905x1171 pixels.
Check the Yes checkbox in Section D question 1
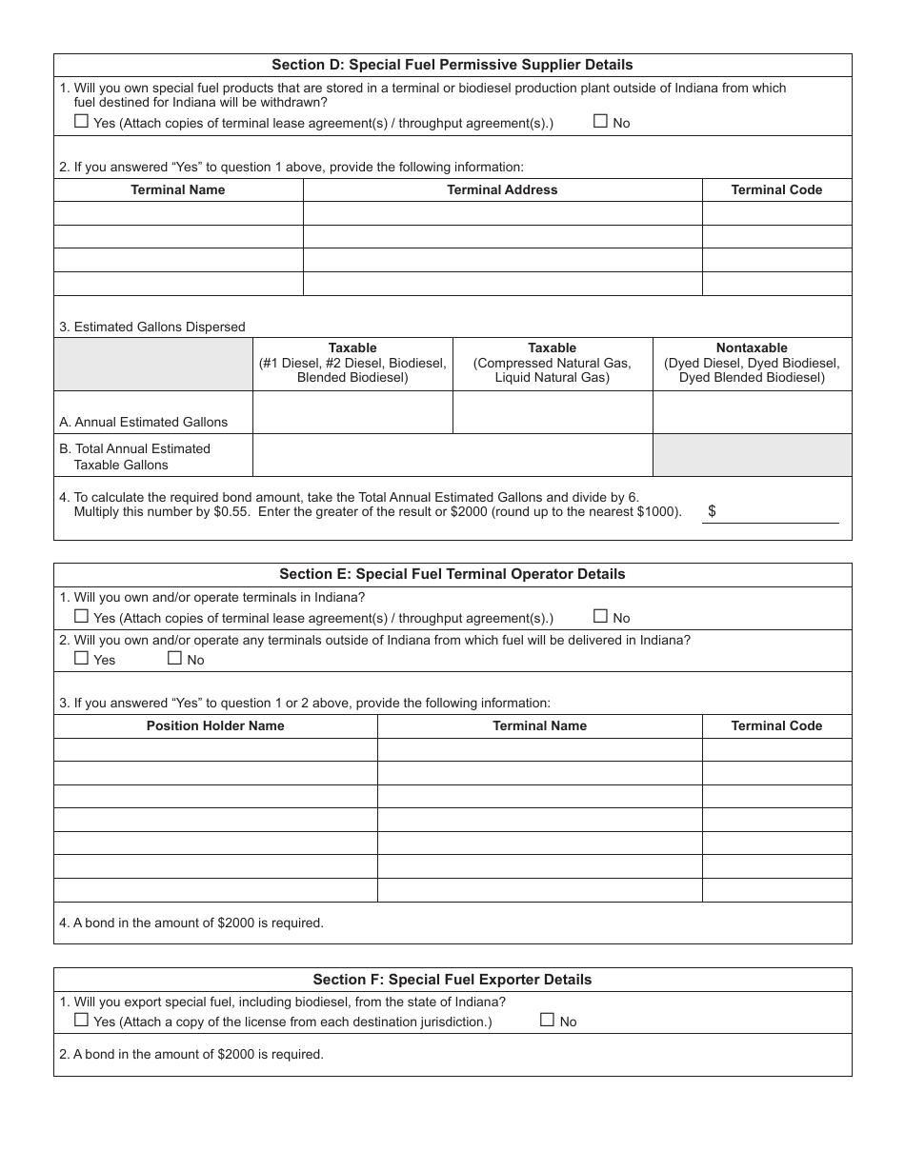point(81,121)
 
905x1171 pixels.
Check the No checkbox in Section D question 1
point(600,121)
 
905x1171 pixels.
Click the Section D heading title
point(452,65)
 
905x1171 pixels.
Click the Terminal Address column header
point(502,189)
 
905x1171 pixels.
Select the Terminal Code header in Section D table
point(776,189)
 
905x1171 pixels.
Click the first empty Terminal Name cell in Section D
point(178,213)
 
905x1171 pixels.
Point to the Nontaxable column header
point(752,363)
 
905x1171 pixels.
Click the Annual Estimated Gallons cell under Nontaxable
point(752,412)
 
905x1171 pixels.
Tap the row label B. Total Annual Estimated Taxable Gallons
point(142,456)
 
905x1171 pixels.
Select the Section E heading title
point(452,574)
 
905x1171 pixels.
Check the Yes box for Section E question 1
point(81,616)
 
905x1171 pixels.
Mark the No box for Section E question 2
point(174,658)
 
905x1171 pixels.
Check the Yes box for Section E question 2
point(81,658)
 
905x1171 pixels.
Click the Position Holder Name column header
point(215,725)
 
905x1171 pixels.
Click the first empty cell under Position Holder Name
point(215,749)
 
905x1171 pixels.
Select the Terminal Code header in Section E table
point(776,725)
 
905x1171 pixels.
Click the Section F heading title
point(452,980)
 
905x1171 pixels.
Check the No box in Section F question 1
point(547,1020)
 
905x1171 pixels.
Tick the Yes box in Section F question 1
point(81,1020)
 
